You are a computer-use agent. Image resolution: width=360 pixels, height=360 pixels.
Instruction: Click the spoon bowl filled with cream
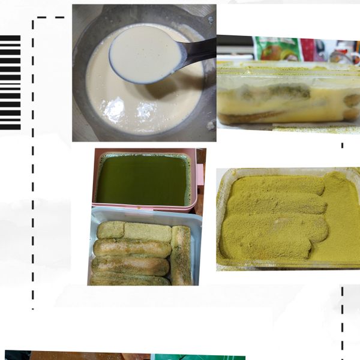(144, 54)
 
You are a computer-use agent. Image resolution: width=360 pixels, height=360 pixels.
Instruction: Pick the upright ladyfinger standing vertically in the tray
(181, 255)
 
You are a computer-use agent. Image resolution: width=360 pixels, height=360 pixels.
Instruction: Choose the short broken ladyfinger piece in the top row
(111, 230)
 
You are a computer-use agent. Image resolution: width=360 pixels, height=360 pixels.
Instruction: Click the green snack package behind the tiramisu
(277, 48)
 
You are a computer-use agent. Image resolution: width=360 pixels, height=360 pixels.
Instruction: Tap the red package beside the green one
(308, 49)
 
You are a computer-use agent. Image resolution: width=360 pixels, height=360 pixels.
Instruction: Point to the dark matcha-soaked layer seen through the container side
(282, 93)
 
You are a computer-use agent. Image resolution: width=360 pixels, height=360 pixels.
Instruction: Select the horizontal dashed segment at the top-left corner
(50, 17)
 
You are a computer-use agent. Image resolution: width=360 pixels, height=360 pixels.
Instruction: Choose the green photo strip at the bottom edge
(198, 357)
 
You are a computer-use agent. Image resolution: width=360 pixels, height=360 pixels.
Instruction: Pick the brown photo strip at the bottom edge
(90, 356)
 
